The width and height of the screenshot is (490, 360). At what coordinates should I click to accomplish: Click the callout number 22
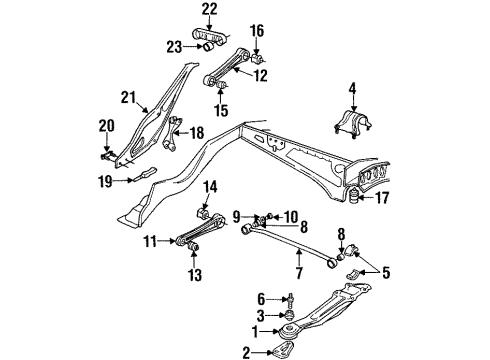pos(208,10)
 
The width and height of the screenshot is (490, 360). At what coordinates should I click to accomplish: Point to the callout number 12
pos(260,76)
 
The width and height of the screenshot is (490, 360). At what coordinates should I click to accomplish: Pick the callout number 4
pos(351,95)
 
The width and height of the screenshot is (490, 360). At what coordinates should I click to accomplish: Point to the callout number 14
pos(210,186)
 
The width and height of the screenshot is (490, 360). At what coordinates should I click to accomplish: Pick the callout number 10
pos(290,216)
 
